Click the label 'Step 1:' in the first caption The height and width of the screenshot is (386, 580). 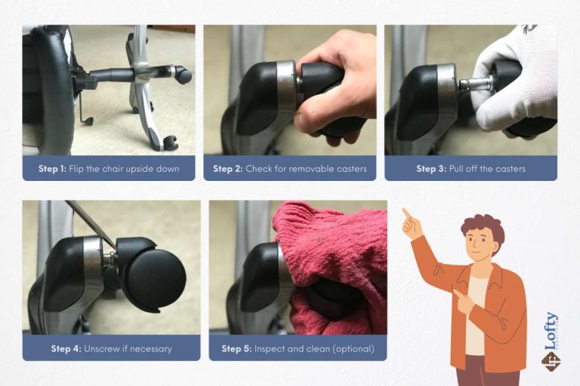[53, 169]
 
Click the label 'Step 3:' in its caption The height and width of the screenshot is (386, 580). [431, 169]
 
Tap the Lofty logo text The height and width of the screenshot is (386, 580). [551, 331]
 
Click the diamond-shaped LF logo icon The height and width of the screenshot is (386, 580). [551, 361]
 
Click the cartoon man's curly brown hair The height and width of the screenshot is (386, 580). [483, 225]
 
